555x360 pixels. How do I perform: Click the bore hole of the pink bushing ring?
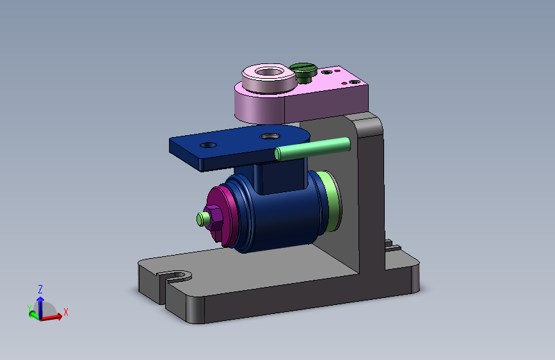coord(269,72)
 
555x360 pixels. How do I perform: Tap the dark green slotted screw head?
coord(303,71)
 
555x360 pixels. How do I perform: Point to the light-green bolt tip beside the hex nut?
coord(201,219)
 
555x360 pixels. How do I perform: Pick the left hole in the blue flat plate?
coord(208,145)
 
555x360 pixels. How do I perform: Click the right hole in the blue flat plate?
coord(270,136)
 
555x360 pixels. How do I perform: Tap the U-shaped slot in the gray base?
coord(176,275)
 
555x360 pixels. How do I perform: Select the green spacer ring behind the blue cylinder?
coord(331,200)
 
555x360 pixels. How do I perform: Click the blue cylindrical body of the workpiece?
coord(280,216)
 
